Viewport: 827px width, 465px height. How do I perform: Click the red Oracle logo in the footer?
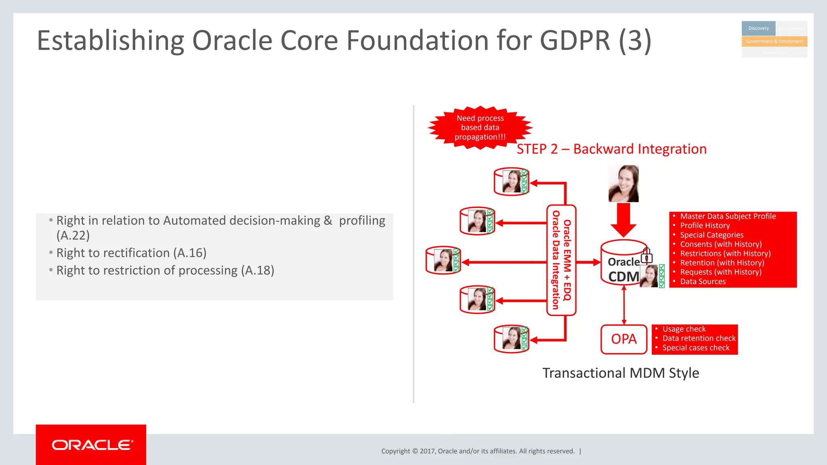tap(91, 445)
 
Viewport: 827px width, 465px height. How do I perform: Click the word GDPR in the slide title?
tap(575, 40)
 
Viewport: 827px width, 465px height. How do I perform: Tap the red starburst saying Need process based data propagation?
tap(480, 128)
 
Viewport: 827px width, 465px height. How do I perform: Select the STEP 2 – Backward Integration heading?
tap(611, 149)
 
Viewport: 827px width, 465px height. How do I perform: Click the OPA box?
tap(623, 339)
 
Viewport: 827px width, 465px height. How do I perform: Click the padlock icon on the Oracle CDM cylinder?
tap(646, 255)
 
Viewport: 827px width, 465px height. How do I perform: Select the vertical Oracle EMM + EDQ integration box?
tap(561, 260)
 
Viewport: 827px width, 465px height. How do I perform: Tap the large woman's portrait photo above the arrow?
tap(623, 183)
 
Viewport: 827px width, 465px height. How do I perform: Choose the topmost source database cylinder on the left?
tap(511, 182)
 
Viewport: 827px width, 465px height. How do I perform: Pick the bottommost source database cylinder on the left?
tap(511, 339)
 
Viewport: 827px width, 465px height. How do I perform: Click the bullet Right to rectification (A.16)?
tap(131, 253)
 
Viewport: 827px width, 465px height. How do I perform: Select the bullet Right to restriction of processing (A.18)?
tap(165, 270)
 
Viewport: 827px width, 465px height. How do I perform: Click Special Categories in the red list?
tap(712, 235)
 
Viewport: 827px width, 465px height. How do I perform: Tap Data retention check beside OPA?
tap(699, 338)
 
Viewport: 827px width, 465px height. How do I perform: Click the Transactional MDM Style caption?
tap(620, 373)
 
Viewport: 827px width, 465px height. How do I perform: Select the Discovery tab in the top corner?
tap(758, 28)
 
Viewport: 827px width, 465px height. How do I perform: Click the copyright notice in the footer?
tap(478, 451)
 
